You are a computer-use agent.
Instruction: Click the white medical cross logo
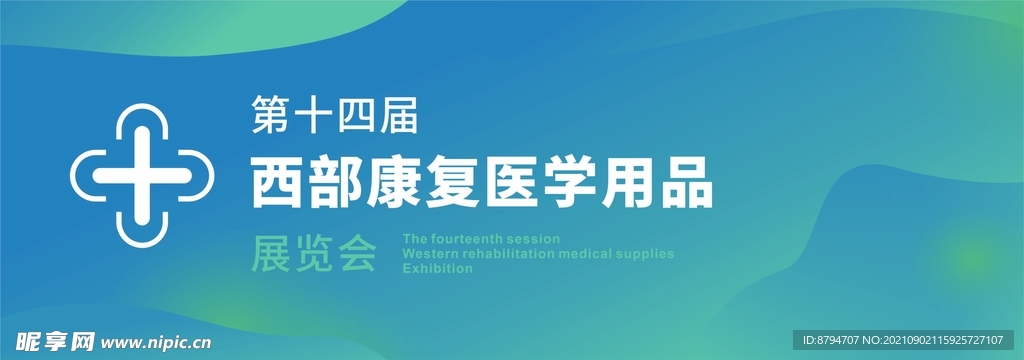(144, 176)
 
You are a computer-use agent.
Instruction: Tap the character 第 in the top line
(271, 117)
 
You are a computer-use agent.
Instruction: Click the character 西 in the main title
(277, 185)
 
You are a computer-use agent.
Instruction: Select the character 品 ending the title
(691, 185)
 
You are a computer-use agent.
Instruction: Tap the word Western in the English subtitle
(429, 254)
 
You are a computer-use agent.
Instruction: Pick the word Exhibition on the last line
(437, 269)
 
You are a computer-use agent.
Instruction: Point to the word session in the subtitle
(535, 240)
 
